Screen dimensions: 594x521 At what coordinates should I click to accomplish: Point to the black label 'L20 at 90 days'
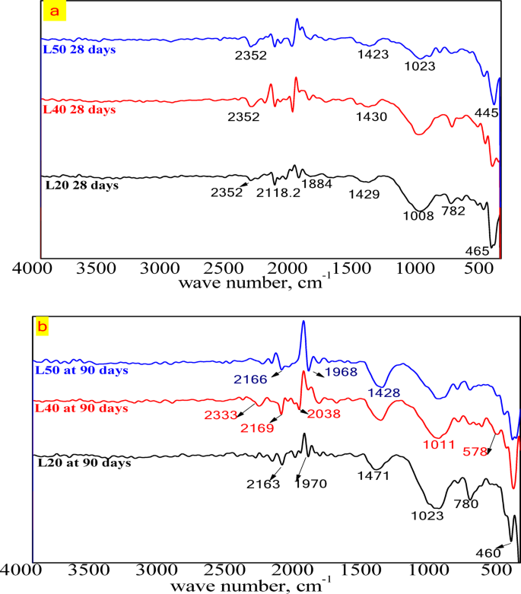85,462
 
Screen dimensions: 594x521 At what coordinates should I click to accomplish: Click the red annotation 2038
323,415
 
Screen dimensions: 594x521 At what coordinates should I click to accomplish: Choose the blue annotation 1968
340,372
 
